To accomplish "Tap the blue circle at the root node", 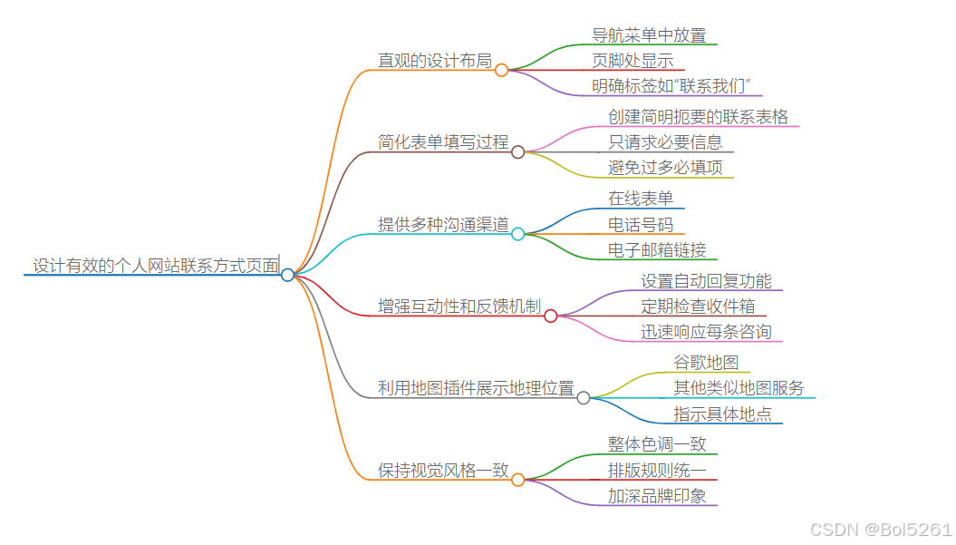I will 287,275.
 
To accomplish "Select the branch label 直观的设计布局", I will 434,61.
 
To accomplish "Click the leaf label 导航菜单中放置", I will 649,35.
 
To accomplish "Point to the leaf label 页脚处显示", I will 633,61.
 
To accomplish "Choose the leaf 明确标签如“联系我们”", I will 671,86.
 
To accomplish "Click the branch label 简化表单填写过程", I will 443,141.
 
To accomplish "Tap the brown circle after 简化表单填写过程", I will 517,151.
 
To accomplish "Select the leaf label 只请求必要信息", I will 665,141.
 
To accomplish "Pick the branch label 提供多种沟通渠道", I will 443,224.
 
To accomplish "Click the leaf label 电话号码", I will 641,224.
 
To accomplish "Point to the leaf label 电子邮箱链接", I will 657,249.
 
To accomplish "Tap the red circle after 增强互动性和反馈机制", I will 550,316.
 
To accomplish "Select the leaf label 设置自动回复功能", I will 706,281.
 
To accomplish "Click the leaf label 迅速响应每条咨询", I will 706,332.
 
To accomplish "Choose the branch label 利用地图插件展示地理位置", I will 476,388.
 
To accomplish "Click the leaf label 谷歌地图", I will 706,363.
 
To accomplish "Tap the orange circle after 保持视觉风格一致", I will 517,480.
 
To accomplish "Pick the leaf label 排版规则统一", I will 657,470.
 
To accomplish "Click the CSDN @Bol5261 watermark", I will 880,530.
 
